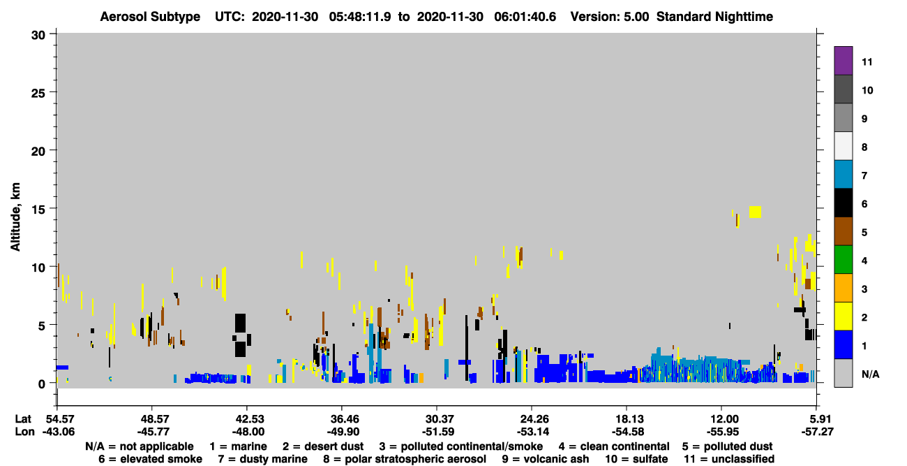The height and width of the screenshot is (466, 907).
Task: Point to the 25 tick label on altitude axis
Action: (x=38, y=94)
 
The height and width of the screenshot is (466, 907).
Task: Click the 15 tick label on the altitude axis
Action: (x=38, y=210)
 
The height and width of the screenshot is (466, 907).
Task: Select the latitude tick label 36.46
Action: (x=342, y=418)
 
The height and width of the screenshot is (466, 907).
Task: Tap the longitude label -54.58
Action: (x=628, y=432)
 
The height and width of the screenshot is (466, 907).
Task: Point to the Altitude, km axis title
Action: (x=15, y=217)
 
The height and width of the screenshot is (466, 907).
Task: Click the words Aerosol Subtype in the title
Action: (x=150, y=17)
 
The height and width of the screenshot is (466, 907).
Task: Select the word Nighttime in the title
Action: (x=744, y=17)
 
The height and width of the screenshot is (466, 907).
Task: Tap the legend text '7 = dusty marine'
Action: (x=262, y=459)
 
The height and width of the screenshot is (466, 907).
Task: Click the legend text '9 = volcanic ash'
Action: (x=546, y=459)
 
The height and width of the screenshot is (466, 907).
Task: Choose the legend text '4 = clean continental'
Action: (x=614, y=446)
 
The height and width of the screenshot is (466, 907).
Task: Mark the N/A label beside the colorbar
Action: (x=871, y=374)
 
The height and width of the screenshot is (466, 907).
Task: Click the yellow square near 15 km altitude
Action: (x=755, y=212)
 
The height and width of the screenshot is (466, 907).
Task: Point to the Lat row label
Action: (x=23, y=418)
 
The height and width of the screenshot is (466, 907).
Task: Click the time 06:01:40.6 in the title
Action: (x=525, y=17)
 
